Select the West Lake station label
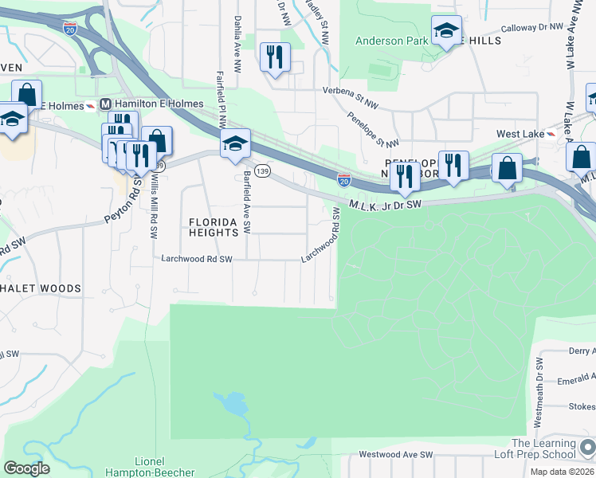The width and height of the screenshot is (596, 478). coord(520,134)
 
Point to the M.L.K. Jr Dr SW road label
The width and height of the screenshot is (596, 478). coord(385,205)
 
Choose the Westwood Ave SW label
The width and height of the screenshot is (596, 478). coord(395,455)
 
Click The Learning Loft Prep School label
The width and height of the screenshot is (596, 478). coord(543,449)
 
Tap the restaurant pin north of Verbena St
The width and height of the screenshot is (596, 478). coord(275,57)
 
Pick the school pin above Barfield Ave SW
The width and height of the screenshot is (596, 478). coord(235,144)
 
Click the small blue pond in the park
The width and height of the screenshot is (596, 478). coord(233,405)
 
